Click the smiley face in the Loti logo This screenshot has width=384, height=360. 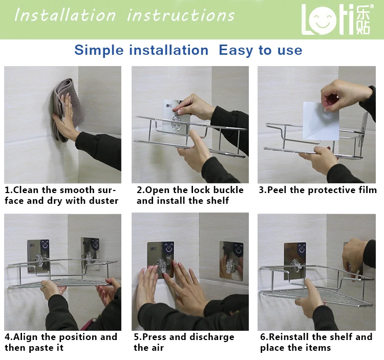[x=322, y=20]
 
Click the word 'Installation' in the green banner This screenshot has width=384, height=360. [x=65, y=15]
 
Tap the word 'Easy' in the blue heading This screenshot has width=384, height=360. [x=236, y=51]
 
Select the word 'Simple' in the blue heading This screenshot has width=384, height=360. [x=99, y=51]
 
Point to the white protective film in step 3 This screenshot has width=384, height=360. [x=321, y=121]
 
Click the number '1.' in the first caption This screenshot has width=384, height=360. [x=9, y=190]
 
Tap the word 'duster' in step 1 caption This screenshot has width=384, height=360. [x=103, y=201]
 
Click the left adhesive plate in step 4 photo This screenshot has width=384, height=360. [x=38, y=256]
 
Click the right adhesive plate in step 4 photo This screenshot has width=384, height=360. [x=90, y=253]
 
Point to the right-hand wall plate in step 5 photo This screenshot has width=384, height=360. [x=231, y=260]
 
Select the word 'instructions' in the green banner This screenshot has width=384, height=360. [x=181, y=15]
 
